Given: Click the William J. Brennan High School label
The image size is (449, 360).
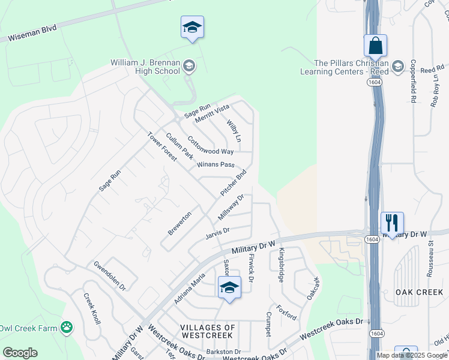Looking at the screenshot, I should pos(145,67).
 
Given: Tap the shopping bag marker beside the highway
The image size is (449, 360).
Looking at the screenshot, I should pos(375,46).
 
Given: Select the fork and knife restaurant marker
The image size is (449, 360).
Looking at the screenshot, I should pos(392,223).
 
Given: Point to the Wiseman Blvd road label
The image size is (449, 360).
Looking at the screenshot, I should pos(31,33).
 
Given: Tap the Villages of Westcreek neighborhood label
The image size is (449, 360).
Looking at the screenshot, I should pos(207,331).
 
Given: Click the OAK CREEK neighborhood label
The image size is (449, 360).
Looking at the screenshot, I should pos(419,292).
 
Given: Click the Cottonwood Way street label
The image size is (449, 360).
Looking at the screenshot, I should pos(210,145).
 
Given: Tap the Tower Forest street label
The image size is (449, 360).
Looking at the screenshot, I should pos(162,146).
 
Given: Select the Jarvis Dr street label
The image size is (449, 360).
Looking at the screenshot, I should pos(217,231).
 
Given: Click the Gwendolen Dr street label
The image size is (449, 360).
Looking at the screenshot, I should pos(109,275).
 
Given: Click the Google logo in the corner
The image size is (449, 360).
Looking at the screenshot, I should pos(20,352).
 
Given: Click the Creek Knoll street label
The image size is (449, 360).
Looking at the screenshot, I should pos(92,308).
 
